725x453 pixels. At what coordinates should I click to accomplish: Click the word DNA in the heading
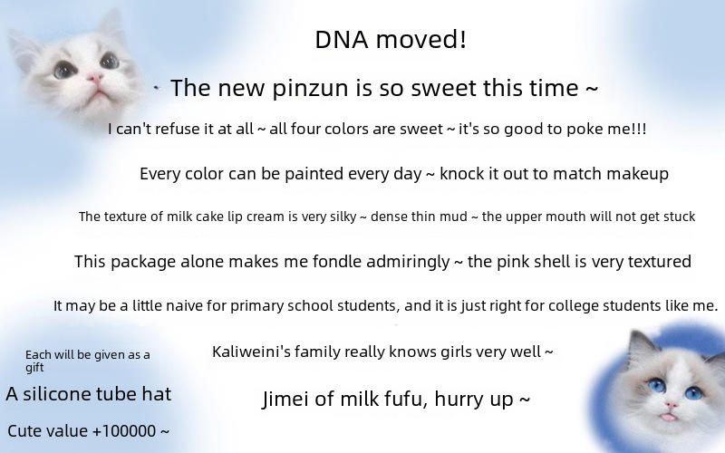342,39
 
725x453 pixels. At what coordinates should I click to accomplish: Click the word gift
34,368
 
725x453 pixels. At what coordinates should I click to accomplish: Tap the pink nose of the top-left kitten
96,78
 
